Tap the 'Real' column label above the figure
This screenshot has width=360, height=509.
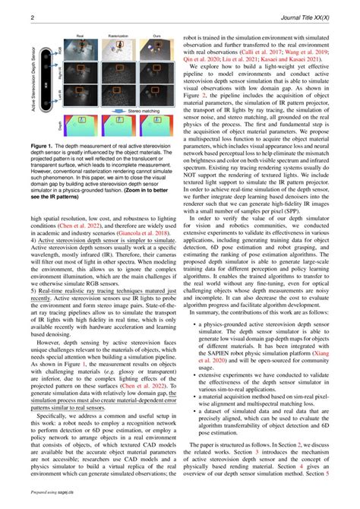tap(80, 36)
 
